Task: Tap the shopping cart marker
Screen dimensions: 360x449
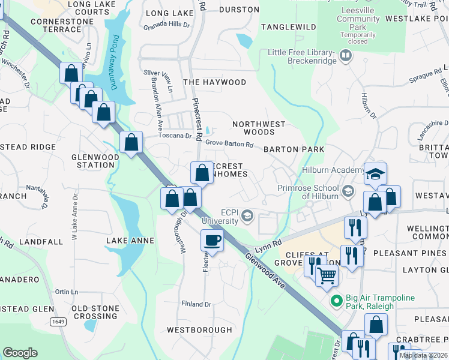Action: coord(327,275)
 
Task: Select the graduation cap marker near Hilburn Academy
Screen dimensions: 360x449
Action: coord(375,174)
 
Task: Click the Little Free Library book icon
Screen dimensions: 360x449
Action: coord(345,56)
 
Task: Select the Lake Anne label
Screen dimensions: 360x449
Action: coord(130,241)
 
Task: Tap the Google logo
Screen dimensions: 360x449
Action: coord(20,353)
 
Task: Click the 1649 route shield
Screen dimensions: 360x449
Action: coord(58,322)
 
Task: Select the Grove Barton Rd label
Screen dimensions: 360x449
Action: coord(229,144)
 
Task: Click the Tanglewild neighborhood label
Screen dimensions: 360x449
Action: coord(289,27)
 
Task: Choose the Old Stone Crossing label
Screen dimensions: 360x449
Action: coord(95,312)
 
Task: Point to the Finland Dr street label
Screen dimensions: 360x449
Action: coord(197,304)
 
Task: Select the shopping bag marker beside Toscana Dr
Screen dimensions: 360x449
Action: coord(131,143)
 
